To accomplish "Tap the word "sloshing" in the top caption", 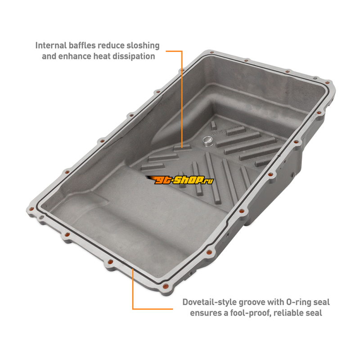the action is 143,46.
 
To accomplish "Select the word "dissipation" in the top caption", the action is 134,56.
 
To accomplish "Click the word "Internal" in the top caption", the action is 51,45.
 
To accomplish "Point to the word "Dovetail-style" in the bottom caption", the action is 209,302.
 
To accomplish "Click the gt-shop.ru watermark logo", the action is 180,180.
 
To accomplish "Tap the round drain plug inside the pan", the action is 208,140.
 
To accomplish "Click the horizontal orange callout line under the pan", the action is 153,309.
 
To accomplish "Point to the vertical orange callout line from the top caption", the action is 182,99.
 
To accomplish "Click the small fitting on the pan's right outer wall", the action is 294,175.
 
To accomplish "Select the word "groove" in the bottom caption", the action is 252,302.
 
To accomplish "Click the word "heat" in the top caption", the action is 102,56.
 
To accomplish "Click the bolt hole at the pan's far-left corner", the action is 31,209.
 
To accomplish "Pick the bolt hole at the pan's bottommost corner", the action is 165,286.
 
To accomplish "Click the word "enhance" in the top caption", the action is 75,56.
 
